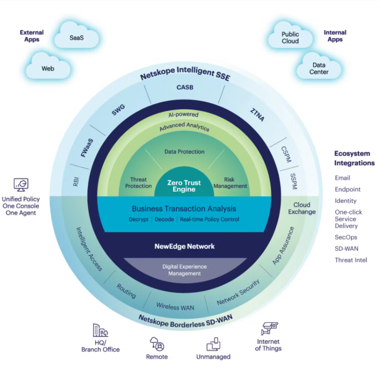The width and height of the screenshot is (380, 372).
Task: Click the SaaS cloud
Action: (x=77, y=38)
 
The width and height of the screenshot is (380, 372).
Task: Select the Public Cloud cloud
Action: (x=290, y=37)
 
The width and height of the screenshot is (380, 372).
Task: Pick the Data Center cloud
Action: (x=319, y=68)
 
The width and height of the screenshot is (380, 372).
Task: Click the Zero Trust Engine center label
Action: (x=184, y=186)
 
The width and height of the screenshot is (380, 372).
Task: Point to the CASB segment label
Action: (x=185, y=87)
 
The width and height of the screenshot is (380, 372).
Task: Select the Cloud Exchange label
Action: (x=302, y=208)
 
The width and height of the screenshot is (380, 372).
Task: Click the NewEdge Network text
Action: (x=184, y=246)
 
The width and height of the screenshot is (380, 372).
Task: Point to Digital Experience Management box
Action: (x=184, y=270)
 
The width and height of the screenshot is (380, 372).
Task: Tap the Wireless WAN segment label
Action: (x=175, y=306)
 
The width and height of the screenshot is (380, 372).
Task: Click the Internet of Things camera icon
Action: (x=269, y=329)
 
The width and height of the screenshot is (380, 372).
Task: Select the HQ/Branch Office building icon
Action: (x=100, y=330)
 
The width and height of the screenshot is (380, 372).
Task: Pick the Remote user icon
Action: (x=157, y=344)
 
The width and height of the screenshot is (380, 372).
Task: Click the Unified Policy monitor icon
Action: (x=21, y=185)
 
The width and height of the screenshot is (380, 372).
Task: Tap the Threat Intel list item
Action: (x=351, y=260)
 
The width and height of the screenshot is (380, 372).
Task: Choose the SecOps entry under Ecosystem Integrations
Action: (x=346, y=237)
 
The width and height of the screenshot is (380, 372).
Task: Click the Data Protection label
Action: (x=184, y=151)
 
